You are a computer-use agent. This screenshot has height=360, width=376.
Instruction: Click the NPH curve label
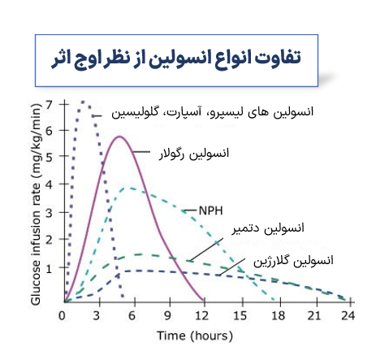(x=210, y=210)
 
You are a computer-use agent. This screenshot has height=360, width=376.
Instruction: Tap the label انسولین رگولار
(x=194, y=154)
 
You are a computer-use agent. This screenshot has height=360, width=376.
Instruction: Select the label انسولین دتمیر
(x=268, y=228)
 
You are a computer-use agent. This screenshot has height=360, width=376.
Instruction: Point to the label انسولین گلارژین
(x=293, y=261)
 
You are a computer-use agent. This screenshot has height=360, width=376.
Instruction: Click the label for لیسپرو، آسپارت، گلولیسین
(x=212, y=112)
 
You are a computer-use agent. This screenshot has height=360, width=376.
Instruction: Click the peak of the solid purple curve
(x=119, y=137)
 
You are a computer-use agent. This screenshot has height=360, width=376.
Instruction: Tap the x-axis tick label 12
(x=201, y=316)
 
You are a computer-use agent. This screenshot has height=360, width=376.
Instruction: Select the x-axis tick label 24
(x=348, y=316)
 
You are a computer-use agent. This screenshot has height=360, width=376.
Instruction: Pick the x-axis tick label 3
(x=97, y=316)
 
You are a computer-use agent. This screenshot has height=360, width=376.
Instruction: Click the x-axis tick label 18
(x=278, y=316)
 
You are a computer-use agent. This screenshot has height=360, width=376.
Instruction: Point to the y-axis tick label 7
(x=49, y=104)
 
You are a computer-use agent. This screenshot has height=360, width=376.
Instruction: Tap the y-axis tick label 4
(x=49, y=184)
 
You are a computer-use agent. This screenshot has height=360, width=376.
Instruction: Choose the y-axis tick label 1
(x=49, y=269)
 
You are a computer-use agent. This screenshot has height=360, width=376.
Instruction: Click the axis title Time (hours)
(x=195, y=336)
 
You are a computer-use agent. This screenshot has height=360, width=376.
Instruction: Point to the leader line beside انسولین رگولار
(x=141, y=152)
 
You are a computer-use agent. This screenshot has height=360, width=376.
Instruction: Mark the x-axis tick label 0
(x=62, y=316)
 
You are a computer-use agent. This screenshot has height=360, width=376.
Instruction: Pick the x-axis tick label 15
(x=240, y=316)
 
